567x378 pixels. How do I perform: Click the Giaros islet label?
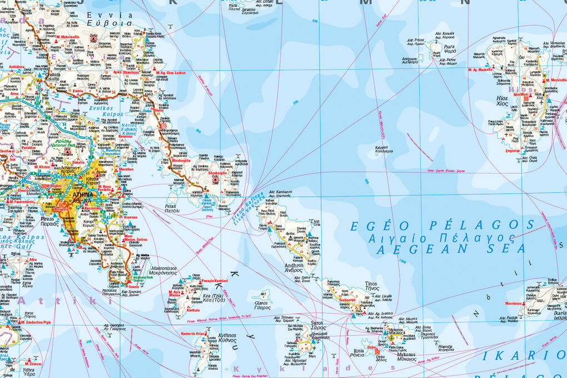(x=261, y=304)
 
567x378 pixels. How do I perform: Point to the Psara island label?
(x=450, y=47)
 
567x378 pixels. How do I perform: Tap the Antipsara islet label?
(x=409, y=58)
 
